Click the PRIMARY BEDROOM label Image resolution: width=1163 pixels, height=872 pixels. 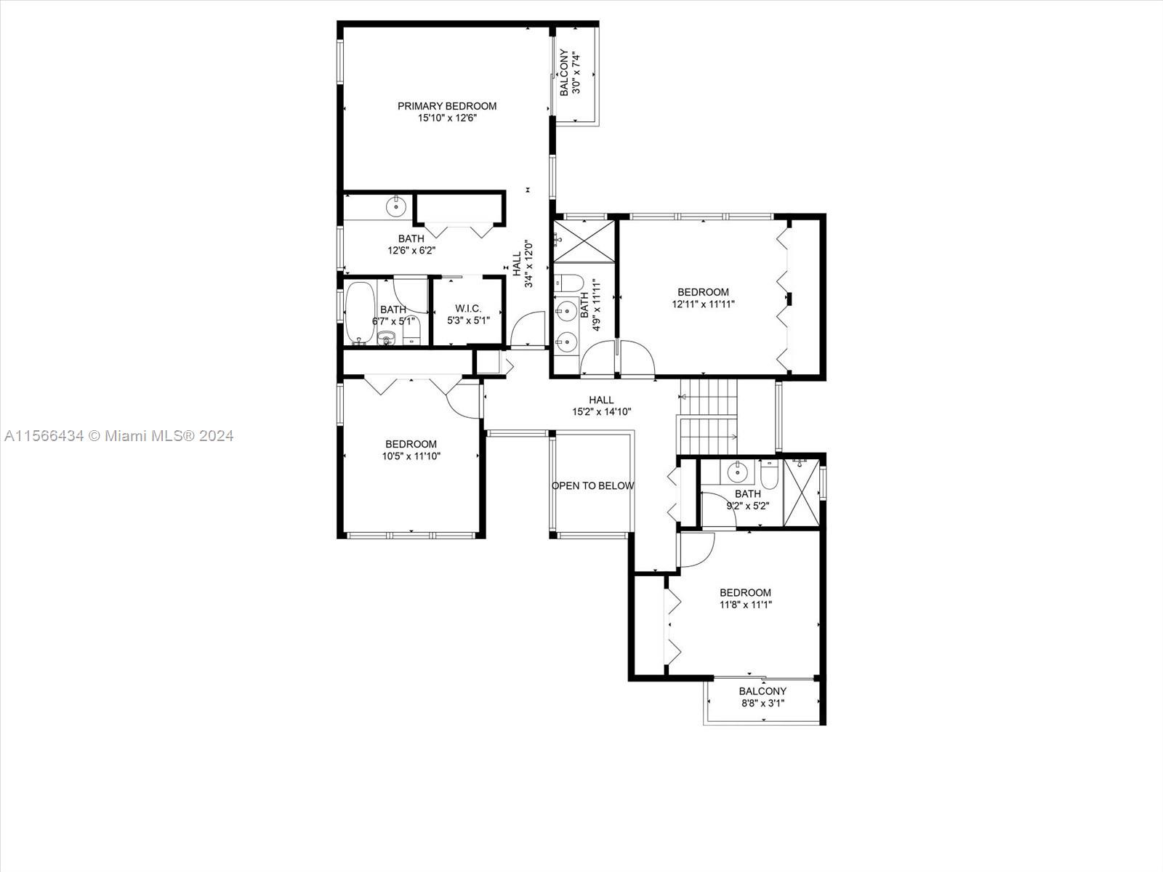(447, 106)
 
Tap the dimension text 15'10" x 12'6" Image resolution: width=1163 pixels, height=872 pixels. (447, 118)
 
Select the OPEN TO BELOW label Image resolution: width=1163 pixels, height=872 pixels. (592, 485)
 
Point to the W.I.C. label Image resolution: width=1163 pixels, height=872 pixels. (468, 308)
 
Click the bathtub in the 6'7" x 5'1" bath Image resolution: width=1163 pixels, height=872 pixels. (360, 313)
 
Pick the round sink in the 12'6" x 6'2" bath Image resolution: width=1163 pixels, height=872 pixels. (396, 206)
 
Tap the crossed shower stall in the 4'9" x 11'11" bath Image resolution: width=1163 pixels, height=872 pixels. (584, 241)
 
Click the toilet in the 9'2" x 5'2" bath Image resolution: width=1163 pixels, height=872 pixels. (769, 475)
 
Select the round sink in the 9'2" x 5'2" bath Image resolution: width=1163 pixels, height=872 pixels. (736, 471)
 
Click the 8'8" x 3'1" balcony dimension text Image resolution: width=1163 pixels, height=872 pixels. (762, 703)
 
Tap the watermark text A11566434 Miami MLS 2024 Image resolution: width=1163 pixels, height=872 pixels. (118, 436)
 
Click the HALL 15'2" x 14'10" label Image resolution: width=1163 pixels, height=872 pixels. (601, 405)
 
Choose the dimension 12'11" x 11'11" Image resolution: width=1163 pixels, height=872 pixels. (703, 304)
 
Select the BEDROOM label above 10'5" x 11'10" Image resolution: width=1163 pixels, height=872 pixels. (411, 444)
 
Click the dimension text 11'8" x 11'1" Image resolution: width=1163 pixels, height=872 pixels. (746, 605)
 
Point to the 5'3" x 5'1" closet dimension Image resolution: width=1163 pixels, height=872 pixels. (468, 320)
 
